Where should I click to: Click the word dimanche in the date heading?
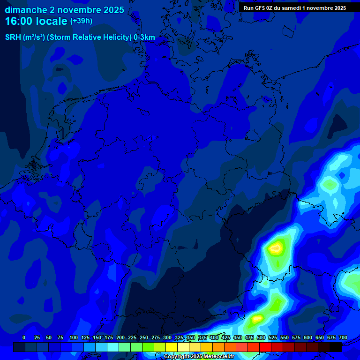coord(26,10)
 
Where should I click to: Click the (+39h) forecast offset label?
coord(81,21)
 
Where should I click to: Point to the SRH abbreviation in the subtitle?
coord(13,37)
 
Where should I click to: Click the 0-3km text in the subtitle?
coord(144,37)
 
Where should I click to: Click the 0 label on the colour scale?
coord(24,337)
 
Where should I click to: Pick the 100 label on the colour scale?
coord(73,337)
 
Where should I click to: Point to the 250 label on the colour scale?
coord(143,337)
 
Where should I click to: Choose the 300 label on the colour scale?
coord(167,337)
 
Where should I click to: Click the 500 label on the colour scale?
coord(261,337)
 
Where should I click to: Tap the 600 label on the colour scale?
coord(308,337)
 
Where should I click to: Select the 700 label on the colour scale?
coord(343,337)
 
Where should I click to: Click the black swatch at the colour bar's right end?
coord(335,347)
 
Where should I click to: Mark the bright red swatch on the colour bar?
coord(265,347)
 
